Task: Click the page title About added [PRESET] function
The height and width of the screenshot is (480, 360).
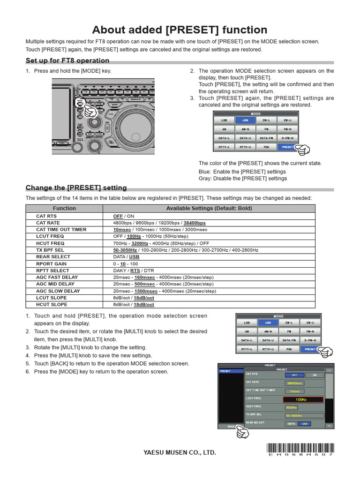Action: point(180,30)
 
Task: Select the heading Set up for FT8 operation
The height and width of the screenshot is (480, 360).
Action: point(67,60)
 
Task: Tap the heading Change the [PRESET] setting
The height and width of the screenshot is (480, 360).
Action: point(76,187)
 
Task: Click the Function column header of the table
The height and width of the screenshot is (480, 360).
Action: point(64,208)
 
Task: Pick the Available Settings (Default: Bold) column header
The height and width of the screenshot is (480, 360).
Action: point(209,208)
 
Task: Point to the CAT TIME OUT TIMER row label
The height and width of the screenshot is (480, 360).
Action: point(61,230)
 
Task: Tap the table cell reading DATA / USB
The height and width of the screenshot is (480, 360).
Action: point(126,257)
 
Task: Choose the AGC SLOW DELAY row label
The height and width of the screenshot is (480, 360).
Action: point(58,291)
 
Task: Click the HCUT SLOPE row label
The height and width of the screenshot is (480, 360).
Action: point(52,304)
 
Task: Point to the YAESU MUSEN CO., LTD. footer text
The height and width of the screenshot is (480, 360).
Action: point(180,452)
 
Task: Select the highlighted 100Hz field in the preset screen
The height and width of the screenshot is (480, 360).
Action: point(303,399)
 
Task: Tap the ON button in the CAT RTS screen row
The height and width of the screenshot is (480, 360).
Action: point(315,375)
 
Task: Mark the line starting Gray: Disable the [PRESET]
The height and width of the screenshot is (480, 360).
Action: point(242,178)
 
